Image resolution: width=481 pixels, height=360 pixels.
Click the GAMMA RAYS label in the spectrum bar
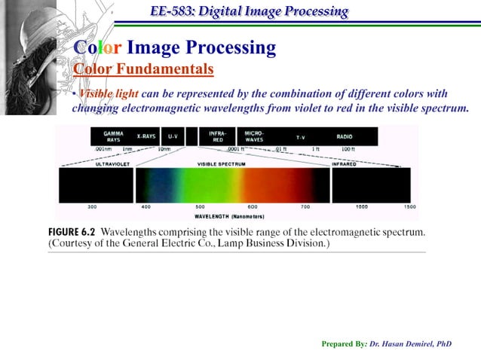[113, 137]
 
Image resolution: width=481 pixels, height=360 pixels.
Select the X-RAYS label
[146, 136]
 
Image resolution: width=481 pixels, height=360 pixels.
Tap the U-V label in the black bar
[173, 136]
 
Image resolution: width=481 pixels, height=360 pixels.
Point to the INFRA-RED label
[218, 137]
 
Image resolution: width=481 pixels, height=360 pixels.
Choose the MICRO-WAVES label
[254, 137]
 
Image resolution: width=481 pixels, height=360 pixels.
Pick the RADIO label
[345, 136]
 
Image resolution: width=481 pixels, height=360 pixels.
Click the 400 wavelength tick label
[146, 206]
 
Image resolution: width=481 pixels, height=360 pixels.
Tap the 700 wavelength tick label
[305, 206]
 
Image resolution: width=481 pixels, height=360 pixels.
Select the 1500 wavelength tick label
[409, 206]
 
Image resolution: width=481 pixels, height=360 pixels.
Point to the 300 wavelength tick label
[92, 206]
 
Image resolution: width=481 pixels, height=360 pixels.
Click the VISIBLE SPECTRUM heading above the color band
[220, 163]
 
